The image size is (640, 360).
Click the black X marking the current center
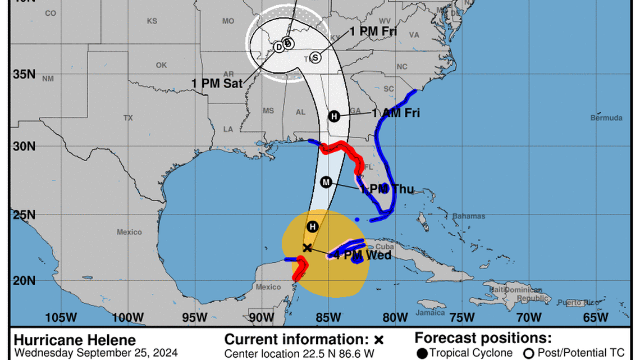[307, 248]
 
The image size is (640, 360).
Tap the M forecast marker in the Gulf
[326, 182]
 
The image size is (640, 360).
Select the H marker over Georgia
[334, 116]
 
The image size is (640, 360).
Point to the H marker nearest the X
[313, 227]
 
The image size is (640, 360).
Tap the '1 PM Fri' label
[373, 32]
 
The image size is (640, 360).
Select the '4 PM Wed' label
[362, 256]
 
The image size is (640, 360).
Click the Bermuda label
[606, 118]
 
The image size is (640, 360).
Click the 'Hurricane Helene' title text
[75, 340]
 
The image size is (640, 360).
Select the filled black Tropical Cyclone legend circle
[422, 353]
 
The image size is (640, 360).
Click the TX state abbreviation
[128, 118]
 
